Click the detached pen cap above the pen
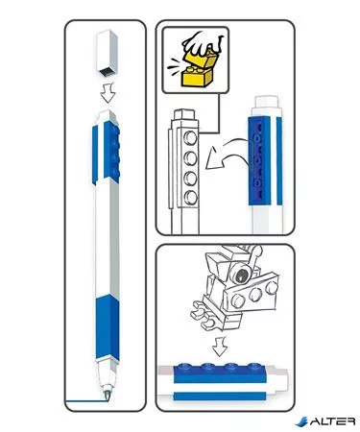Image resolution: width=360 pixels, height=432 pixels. tap(107, 54)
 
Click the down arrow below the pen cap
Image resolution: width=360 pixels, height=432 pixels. tap(108, 93)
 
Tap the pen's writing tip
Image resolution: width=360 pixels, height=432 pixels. tap(107, 395)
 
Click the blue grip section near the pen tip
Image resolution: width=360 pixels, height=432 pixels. tap(108, 327)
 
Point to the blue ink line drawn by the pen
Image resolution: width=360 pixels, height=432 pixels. tap(84, 400)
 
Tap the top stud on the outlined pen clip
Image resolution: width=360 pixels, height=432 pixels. tap(190, 138)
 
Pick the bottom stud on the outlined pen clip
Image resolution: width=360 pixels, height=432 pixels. tap(190, 198)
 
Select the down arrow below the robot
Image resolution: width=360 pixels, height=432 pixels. tap(220, 346)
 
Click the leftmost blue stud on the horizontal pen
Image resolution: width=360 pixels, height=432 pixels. tap(184, 366)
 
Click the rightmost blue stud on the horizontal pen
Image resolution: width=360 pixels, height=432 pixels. tap(253, 366)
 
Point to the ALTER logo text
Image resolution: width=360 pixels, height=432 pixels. tap(332, 421)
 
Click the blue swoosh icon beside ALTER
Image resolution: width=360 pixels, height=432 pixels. tap(301, 421)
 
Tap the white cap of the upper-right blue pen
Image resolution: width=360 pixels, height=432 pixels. tap(267, 103)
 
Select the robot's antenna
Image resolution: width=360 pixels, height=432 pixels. tap(255, 252)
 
